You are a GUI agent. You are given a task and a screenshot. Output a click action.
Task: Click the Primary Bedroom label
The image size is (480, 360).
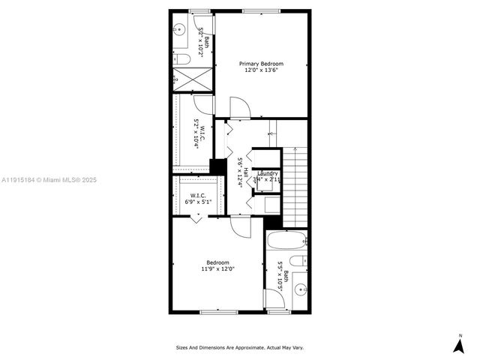coord(262,64)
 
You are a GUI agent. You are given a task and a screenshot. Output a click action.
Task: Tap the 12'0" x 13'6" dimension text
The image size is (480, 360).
coord(262,71)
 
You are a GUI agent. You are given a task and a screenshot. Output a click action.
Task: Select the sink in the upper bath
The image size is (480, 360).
coord(179,31)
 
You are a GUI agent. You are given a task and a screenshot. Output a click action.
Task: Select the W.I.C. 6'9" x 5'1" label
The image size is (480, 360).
coord(198,199)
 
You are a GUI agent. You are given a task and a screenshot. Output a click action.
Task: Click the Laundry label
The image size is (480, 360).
coord(268,174)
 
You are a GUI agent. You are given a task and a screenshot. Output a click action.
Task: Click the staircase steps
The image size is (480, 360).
coord(295,184)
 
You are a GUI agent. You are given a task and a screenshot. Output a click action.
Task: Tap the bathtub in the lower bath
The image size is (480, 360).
coord(287,241)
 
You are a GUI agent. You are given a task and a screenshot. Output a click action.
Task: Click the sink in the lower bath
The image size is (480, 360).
coord(299,289)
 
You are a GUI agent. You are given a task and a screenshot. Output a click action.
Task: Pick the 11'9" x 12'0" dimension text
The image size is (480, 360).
coord(218,268)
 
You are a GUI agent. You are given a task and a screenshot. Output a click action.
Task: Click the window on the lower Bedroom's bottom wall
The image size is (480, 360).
coord(218,311)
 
